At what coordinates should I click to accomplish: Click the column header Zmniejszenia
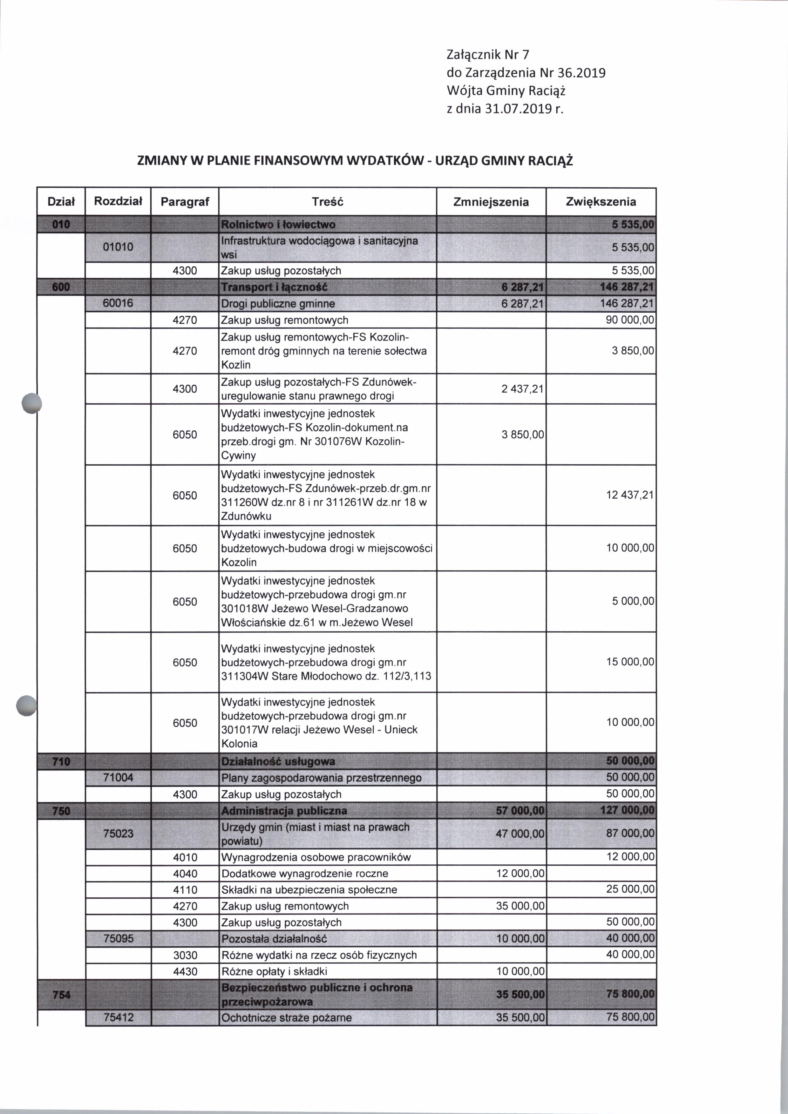[x=491, y=202]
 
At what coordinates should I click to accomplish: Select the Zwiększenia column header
[x=601, y=202]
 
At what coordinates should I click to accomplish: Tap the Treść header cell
[x=328, y=202]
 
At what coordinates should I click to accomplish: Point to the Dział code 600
[x=61, y=287]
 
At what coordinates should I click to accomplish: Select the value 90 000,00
[x=630, y=320]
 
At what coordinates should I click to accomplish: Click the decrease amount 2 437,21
[x=522, y=388]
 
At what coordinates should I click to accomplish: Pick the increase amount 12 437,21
[x=630, y=495]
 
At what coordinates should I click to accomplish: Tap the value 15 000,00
[x=630, y=662]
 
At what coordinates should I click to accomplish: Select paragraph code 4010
[x=185, y=857]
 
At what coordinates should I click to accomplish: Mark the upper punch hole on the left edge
[x=32, y=403]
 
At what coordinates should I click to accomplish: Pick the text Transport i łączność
[x=274, y=287]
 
